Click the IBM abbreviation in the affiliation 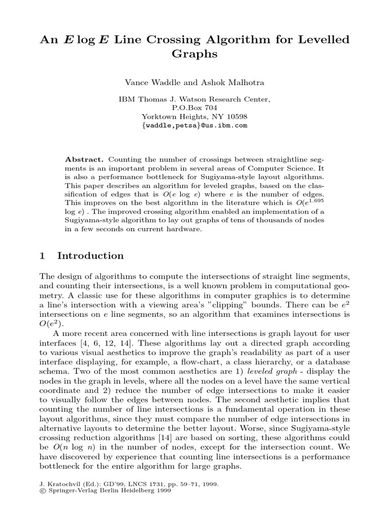125,100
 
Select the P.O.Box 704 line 194,108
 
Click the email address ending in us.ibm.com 194,125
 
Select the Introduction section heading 90,255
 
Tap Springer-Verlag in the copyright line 67,492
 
